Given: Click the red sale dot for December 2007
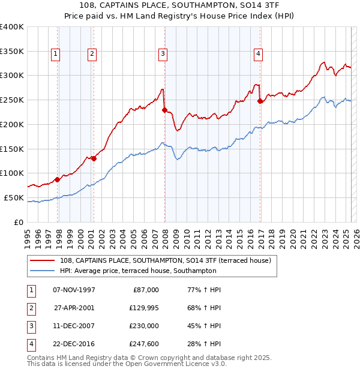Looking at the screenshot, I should (164, 110).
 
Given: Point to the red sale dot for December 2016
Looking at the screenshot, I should (260, 101).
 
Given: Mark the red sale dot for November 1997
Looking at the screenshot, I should (57, 179).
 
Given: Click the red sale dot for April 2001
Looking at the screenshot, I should (94, 158).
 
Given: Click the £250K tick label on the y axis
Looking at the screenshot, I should (11, 100).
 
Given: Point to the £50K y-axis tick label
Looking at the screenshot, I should (14, 197).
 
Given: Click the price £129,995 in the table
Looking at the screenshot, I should (142, 308).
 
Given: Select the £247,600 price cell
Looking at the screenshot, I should (142, 344).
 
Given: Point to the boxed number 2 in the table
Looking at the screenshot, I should (30, 308).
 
